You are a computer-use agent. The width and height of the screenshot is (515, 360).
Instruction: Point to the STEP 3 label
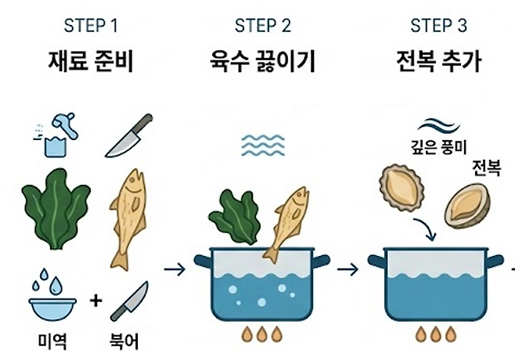coord(438,26)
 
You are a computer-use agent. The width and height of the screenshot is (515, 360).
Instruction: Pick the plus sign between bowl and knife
coord(95,301)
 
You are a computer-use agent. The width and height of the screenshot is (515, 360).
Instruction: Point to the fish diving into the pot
coord(284,222)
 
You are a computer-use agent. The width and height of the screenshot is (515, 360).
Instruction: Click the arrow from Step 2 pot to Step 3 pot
coord(349,269)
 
